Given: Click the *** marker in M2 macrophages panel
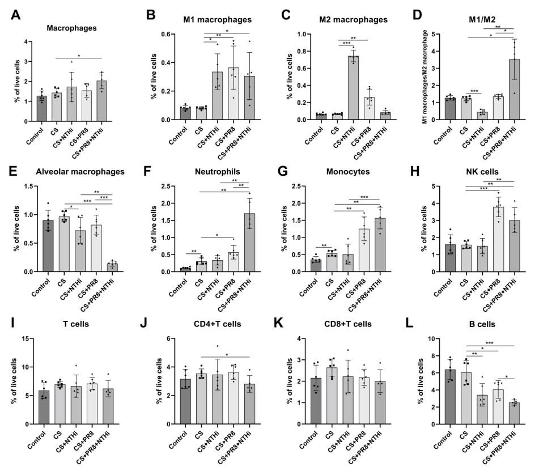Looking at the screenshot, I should click(x=332, y=43).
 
